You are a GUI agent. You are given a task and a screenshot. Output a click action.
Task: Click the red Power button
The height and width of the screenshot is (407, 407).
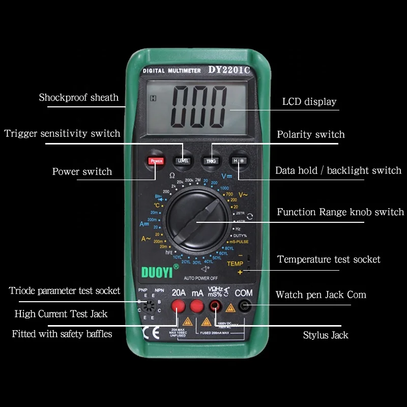click(x=156, y=161)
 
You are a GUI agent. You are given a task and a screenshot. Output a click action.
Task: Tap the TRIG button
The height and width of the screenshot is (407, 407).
click(x=211, y=160)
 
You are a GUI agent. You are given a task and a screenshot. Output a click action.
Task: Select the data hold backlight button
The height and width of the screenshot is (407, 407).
click(x=238, y=160)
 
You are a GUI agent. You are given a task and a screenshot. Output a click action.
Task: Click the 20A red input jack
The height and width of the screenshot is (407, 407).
click(x=178, y=306)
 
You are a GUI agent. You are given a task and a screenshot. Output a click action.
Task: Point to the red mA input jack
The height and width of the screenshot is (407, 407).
click(x=197, y=306)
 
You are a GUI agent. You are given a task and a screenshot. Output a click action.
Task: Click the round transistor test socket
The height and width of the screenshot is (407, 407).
click(x=149, y=306)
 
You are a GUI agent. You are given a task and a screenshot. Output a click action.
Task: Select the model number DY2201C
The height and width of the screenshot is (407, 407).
click(x=229, y=70)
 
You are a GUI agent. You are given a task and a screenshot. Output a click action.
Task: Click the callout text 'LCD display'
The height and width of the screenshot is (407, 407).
click(x=309, y=102)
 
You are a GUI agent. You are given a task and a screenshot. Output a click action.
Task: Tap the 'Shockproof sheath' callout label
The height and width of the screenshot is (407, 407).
click(x=79, y=97)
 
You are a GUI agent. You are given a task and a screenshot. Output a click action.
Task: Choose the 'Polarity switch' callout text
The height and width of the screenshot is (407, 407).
click(x=310, y=135)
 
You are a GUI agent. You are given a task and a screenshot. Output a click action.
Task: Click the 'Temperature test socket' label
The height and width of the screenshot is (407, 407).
click(x=329, y=259)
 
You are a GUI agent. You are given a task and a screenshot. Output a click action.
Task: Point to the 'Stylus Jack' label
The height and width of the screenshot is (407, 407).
click(x=326, y=335)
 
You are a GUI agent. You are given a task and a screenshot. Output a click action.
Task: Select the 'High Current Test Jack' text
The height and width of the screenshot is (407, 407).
click(x=61, y=314)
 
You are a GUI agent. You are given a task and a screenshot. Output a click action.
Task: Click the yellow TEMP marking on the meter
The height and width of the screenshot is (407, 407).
click(x=235, y=264)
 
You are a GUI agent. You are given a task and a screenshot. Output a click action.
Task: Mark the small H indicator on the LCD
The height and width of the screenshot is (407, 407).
click(x=153, y=99)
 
